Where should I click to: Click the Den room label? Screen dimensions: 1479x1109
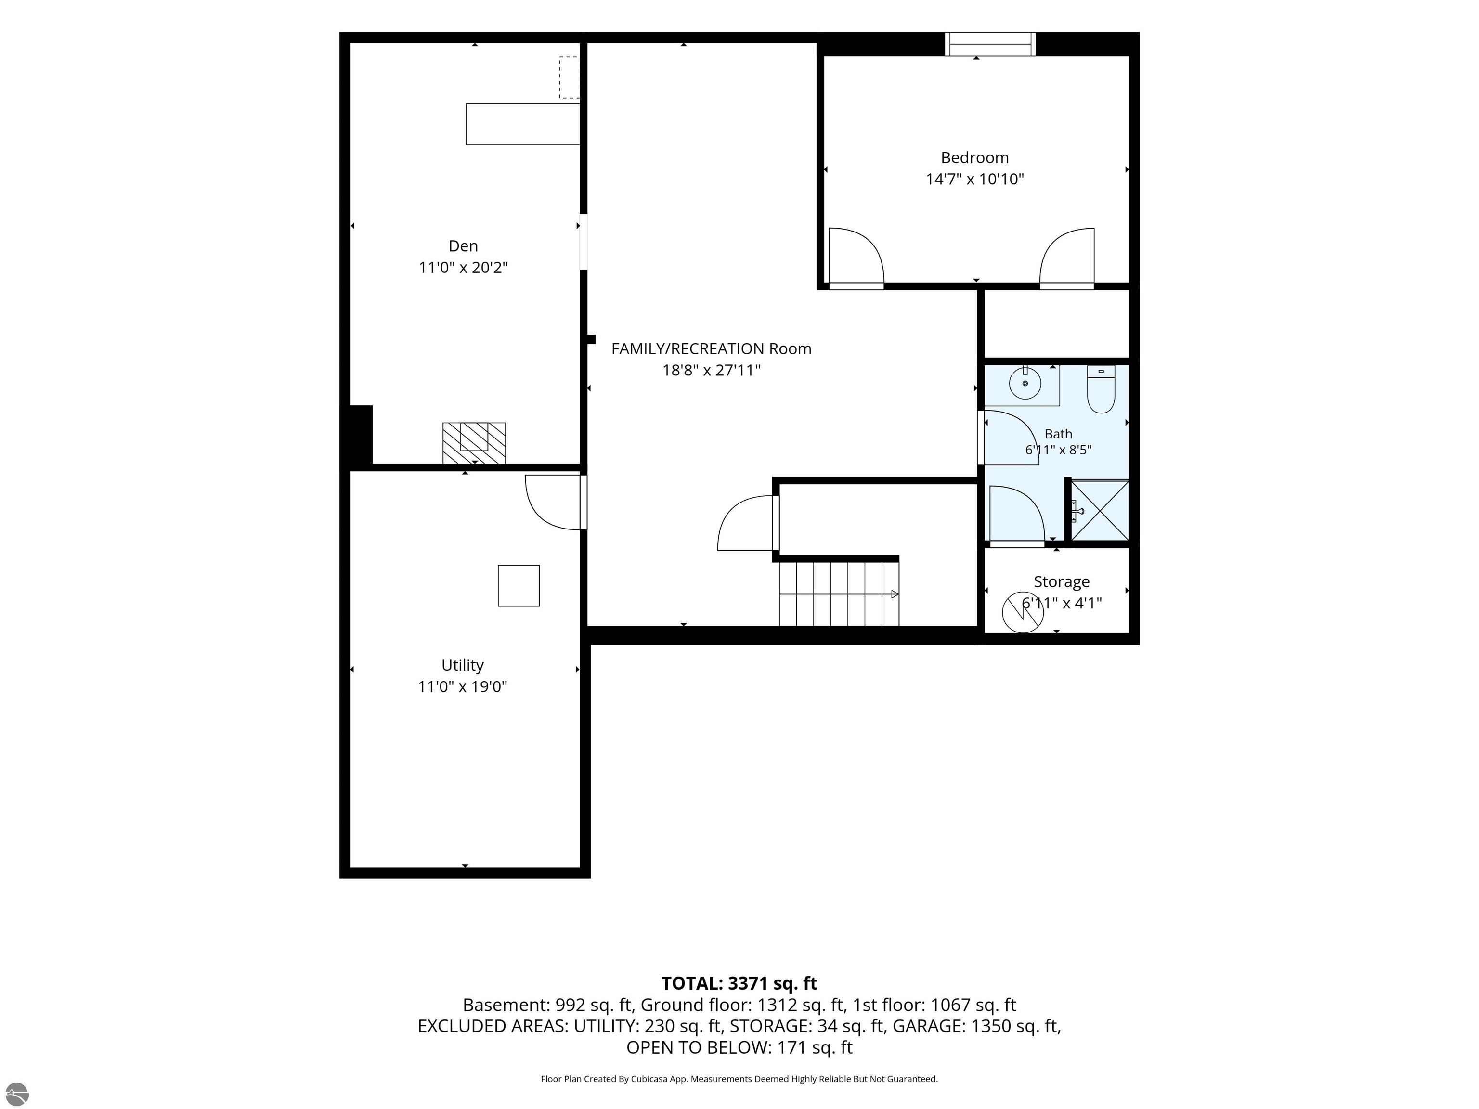463,246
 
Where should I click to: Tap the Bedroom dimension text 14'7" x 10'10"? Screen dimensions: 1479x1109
975,179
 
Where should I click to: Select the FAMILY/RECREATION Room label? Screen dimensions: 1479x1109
712,349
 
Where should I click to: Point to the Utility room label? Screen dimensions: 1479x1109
463,665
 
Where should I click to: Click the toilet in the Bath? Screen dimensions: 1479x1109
1101,389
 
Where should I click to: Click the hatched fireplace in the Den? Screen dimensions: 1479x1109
474,442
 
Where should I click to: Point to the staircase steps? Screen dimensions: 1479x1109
839,593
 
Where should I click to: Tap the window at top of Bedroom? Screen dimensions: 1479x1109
990,44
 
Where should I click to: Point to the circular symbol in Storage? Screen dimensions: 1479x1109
1022,612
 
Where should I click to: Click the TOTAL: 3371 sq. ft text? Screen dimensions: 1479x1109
739,983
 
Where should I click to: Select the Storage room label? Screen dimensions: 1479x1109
1062,581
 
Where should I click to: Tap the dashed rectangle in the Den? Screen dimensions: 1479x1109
569,77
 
